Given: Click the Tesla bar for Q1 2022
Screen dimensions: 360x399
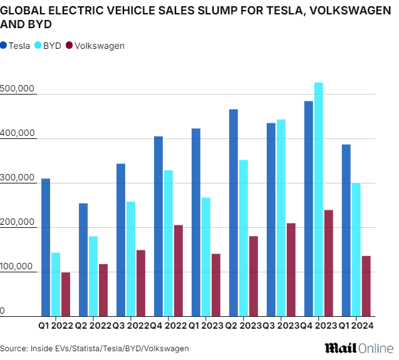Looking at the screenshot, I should [x=46, y=247].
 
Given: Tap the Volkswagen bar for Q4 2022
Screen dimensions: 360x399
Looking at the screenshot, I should [x=178, y=270].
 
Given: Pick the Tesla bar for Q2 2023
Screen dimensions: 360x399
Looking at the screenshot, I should [x=234, y=213].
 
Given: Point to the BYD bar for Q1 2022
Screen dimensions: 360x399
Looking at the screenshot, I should [x=56, y=284].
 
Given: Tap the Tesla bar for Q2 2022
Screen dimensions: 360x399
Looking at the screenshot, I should [x=83, y=260].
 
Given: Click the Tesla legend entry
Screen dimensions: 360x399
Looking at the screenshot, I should [x=16, y=46].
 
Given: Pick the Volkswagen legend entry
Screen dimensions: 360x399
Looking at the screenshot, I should [x=95, y=46].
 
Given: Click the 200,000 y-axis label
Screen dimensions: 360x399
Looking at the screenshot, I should [x=17, y=223].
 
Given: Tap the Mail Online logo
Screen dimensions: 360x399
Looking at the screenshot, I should [x=358, y=347].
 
